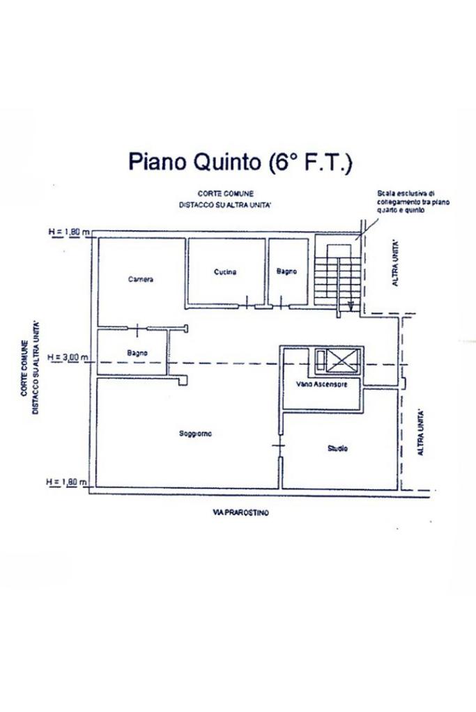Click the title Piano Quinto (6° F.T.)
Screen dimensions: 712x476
[240, 162]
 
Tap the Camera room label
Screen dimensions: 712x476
[141, 280]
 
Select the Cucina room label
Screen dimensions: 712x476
[225, 272]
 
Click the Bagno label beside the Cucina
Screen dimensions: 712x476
[287, 272]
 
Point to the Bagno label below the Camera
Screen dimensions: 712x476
[137, 354]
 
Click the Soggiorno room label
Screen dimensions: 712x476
[195, 434]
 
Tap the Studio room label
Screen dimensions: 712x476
[337, 449]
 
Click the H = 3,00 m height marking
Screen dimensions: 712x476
[68, 358]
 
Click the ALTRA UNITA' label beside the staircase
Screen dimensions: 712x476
[396, 262]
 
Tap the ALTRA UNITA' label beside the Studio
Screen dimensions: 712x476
[420, 432]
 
